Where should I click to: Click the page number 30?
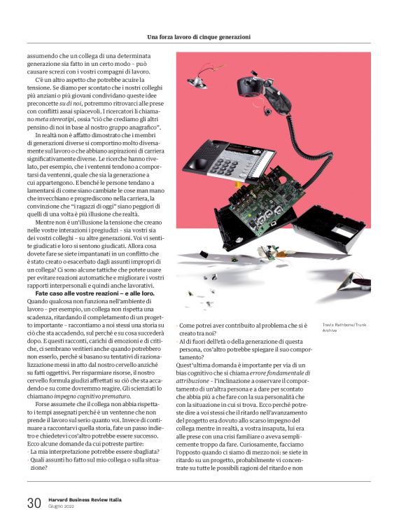click(x=34, y=503)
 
